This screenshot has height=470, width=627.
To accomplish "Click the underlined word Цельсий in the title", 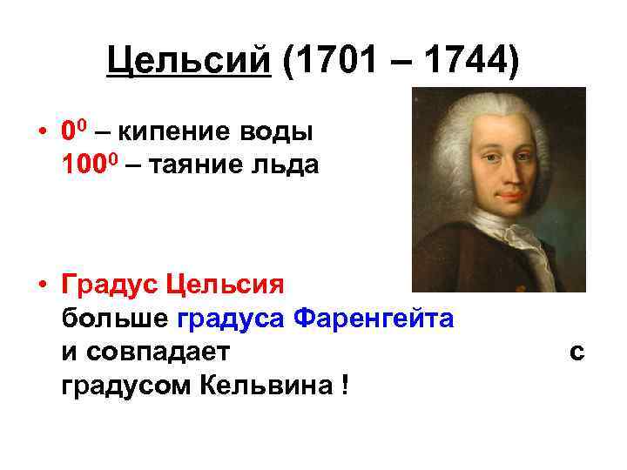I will (x=189, y=62).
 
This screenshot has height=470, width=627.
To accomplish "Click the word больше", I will (x=115, y=318).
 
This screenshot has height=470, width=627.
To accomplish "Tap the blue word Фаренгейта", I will (x=374, y=318).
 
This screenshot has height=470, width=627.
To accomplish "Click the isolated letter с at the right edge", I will (x=576, y=352).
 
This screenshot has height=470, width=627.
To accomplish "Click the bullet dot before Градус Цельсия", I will (x=42, y=285).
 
